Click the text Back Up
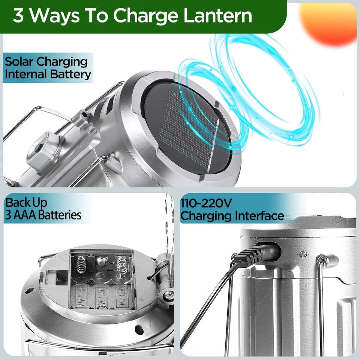[x=26, y=203]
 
